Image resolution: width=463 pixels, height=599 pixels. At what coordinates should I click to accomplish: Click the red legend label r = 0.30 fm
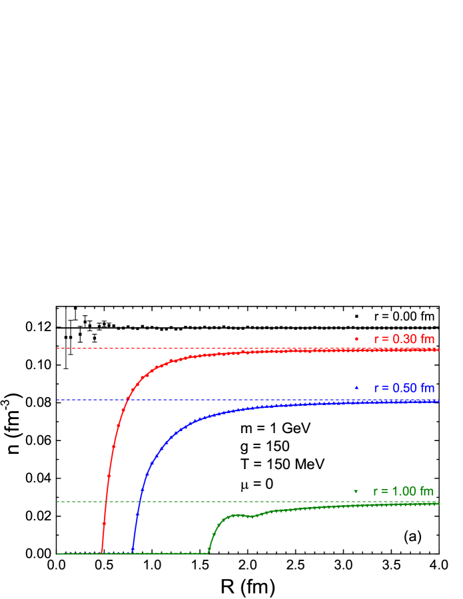404,339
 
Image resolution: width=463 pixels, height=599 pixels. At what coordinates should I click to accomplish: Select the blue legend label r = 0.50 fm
404,388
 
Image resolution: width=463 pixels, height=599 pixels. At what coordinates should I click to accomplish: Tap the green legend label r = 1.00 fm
403,492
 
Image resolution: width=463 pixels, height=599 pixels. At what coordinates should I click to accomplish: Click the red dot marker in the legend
356,339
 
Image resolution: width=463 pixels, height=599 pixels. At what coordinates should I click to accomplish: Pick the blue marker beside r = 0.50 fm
356,388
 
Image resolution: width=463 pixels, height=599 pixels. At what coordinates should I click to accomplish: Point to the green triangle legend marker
356,492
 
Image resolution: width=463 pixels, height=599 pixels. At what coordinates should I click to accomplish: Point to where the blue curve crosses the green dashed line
140,502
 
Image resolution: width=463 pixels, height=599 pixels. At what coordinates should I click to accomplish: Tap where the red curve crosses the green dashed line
106,502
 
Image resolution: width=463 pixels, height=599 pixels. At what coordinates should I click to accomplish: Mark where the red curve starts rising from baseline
101,552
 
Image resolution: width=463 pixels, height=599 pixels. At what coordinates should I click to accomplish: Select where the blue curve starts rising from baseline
133,552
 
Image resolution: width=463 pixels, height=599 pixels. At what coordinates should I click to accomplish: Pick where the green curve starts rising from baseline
208,552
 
